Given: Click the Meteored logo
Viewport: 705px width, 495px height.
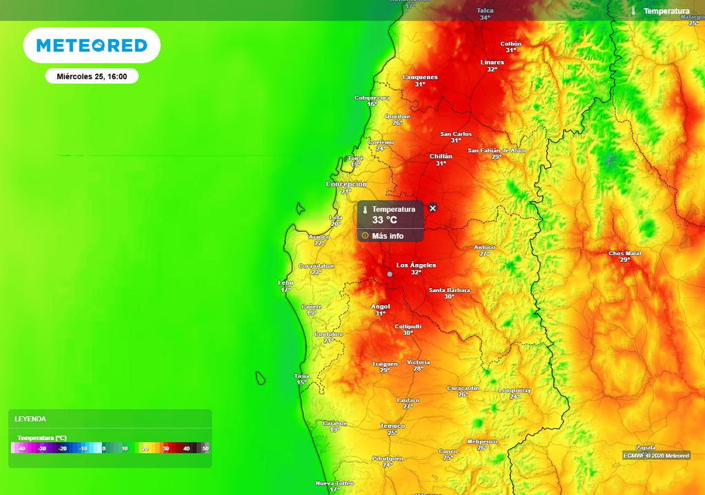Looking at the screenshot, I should pos(92,45).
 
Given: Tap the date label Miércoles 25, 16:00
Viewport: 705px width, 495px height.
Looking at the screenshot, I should pos(92,76).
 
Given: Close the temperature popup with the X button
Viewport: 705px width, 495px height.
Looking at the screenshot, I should pos(433,208).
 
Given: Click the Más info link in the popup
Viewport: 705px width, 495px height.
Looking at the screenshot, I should pos(387,236).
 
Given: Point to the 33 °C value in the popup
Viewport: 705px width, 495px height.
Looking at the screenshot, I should pos(385,220).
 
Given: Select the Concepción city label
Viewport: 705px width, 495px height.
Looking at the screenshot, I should pos(346,184).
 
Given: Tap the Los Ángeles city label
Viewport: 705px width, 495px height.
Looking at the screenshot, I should pos(416,265).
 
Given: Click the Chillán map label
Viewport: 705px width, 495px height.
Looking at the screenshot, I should pos(441,157).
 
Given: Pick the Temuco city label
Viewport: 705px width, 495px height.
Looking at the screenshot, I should pos(392,426).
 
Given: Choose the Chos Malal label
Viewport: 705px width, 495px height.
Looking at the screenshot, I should pos(624,254).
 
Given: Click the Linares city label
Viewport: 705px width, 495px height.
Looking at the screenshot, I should pos(492,63).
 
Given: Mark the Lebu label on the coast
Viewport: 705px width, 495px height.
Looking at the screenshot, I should pos(286,283).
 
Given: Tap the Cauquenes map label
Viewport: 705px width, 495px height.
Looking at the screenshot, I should pos(420,78).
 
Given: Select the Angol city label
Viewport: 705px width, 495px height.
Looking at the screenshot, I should pos(381,307).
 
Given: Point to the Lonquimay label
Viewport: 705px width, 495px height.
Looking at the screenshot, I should pos(515,390).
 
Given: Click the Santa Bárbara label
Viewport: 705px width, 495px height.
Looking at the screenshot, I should pos(449,290).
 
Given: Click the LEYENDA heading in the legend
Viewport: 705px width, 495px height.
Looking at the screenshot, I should pos(30,419).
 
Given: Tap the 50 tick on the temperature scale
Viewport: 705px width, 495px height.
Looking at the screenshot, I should pos(205,448).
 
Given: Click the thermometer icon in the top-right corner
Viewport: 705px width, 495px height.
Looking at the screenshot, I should pos(633,11).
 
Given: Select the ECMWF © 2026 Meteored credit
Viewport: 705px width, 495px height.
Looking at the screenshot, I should pos(656,455).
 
